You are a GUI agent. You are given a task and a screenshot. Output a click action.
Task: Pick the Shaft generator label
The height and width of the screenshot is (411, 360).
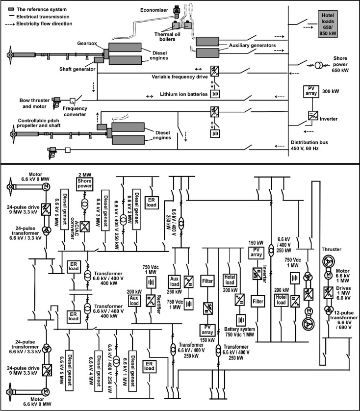[75, 68]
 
